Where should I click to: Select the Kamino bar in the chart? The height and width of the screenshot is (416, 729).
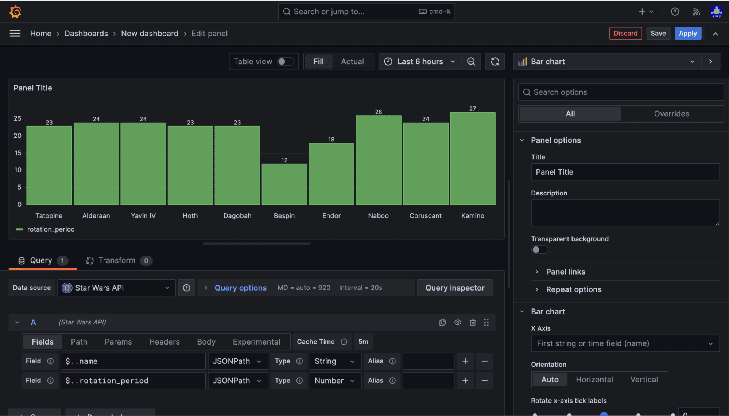click(x=472, y=159)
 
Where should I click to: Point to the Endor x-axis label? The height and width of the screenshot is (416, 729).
click(x=331, y=216)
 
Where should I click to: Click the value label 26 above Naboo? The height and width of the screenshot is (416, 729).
click(x=378, y=112)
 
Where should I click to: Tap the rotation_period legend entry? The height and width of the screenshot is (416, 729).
click(x=51, y=229)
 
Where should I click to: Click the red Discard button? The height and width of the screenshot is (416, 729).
click(x=625, y=34)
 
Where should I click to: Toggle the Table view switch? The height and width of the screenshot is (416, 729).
click(x=285, y=62)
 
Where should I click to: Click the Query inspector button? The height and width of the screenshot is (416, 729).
click(x=455, y=288)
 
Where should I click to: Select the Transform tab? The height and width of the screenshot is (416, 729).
click(x=117, y=261)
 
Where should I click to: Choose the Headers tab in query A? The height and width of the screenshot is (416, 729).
click(x=164, y=342)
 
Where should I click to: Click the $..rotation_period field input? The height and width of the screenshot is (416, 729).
click(x=133, y=381)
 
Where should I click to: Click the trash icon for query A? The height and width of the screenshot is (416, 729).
click(x=473, y=322)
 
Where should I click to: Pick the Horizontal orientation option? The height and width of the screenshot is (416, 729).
click(x=594, y=380)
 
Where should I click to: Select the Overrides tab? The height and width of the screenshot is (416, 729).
click(x=671, y=114)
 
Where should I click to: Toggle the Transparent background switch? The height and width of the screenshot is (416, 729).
click(x=539, y=250)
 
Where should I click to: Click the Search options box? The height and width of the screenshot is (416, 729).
click(x=621, y=93)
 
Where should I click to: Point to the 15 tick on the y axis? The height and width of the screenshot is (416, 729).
click(x=18, y=153)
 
